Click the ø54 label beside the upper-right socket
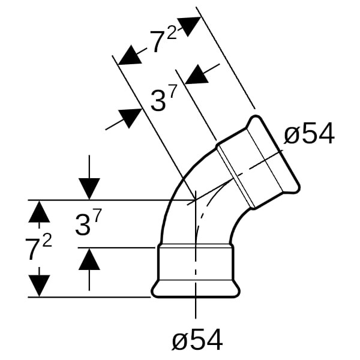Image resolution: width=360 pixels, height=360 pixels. (308, 135)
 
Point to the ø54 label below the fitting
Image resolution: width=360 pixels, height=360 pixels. (197, 341)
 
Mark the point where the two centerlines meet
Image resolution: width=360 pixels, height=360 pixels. (196, 200)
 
